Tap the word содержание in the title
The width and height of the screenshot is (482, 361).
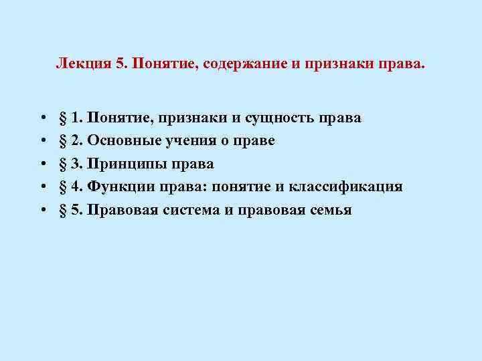tap(247, 64)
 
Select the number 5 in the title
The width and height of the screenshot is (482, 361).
tap(120, 64)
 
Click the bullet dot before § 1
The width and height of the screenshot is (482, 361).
tap(42, 119)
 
